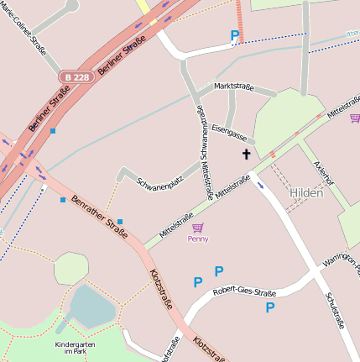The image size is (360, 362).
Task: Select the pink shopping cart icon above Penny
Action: tap(197, 228)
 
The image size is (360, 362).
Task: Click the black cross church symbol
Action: tap(246, 154)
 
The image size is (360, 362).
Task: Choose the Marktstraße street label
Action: tap(233, 86)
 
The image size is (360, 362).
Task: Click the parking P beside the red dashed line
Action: tap(235, 35)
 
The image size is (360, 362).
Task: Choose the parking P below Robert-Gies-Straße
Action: tap(270, 308)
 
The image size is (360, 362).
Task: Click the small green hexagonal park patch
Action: tap(70, 268)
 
